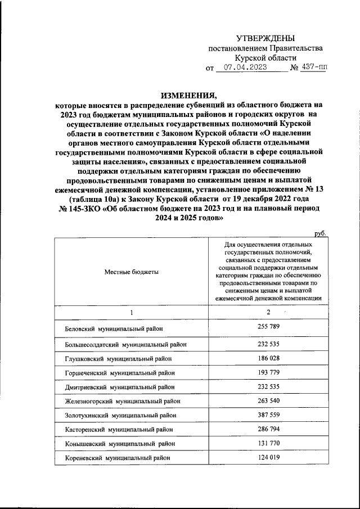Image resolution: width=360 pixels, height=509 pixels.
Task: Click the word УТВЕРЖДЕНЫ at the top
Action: click(264, 38)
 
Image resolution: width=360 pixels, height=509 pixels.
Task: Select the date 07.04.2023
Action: click(250, 69)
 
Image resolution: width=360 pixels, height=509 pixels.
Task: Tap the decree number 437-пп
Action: click(313, 69)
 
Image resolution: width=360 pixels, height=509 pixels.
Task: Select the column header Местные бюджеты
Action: click(131, 272)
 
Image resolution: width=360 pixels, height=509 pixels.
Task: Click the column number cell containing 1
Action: click(131, 313)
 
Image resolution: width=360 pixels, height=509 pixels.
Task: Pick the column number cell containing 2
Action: click(268, 312)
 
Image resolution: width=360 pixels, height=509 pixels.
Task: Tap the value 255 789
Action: click(268, 327)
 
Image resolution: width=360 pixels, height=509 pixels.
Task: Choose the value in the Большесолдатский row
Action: click(268, 342)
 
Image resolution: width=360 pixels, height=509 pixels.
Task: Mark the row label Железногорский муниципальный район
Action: click(119, 402)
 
